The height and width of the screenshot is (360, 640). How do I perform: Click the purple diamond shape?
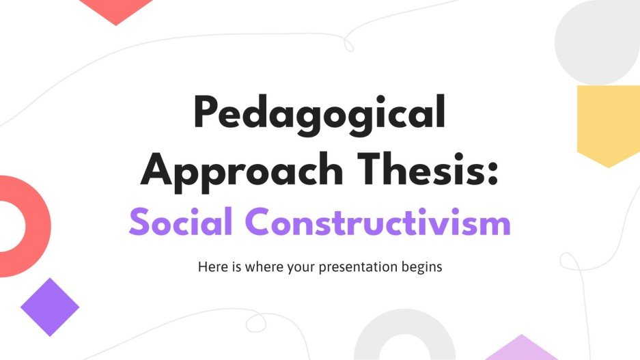pyautogui.click(x=50, y=307)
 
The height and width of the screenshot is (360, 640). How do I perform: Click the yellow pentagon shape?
pyautogui.click(x=608, y=123)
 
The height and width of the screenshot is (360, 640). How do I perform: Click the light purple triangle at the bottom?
pyautogui.click(x=522, y=350)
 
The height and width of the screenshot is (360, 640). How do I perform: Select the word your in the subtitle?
pyautogui.click(x=301, y=268)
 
